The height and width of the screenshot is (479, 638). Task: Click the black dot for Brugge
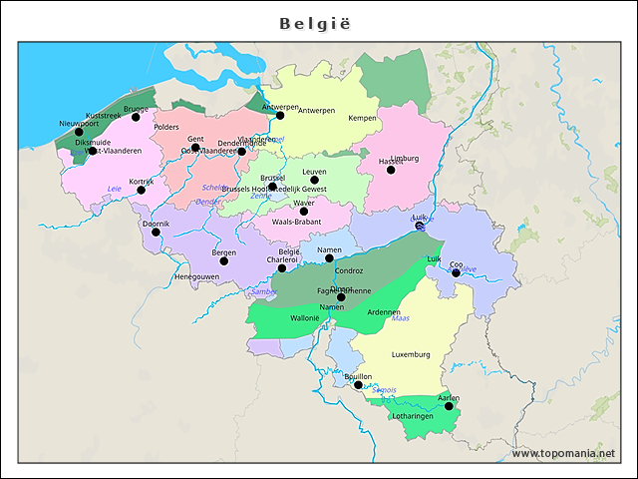coord(136,117)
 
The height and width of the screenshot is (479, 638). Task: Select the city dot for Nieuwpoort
coord(79,132)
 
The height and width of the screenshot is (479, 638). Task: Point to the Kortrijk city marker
coord(141,190)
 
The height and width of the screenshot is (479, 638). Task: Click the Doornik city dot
coord(156,232)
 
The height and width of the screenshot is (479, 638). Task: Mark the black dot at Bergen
coord(224,260)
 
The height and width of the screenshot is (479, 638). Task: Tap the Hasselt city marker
coord(391,170)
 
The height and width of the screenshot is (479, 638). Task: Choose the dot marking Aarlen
coord(449,406)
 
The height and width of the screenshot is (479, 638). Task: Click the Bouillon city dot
coord(358,384)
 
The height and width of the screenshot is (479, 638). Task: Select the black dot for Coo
coord(456,272)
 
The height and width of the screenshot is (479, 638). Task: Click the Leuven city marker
coord(314,181)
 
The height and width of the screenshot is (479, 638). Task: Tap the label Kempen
coord(362,118)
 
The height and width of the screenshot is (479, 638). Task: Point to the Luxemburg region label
coord(411,354)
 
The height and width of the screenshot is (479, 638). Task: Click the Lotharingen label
coord(413,415)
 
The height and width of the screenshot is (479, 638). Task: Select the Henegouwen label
coord(196,276)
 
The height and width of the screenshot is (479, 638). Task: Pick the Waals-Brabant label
coord(296,222)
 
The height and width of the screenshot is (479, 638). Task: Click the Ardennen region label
coord(384,312)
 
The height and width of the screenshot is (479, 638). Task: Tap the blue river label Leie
coord(114,188)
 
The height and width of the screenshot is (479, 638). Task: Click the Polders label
coord(166,127)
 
